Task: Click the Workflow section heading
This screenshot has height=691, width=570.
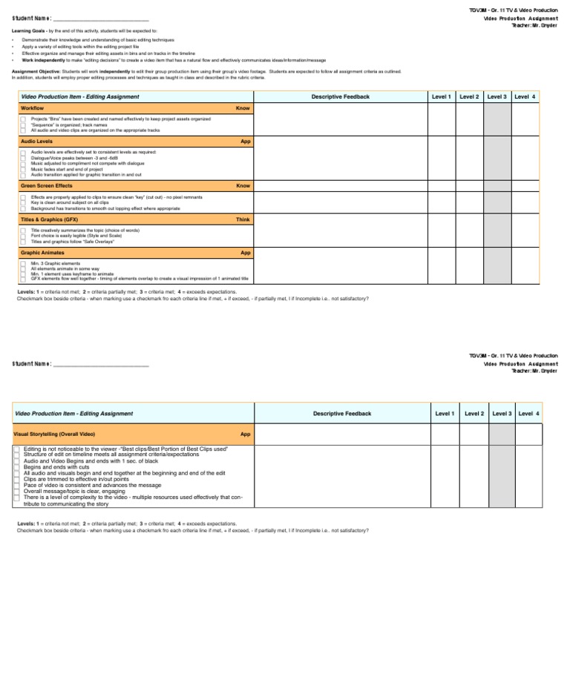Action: [x=32, y=108]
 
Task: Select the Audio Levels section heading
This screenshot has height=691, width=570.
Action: [x=36, y=141]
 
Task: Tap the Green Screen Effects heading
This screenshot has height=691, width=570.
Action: [x=46, y=185]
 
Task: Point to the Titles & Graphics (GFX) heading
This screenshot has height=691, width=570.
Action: [x=49, y=219]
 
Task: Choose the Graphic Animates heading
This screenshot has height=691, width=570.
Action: [x=42, y=253]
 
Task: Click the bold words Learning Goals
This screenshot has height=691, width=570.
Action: [x=27, y=30]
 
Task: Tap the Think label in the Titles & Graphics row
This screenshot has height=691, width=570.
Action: [x=243, y=219]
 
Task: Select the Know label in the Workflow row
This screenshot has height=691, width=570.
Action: [x=243, y=108]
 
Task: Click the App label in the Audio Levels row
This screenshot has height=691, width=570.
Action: [x=245, y=141]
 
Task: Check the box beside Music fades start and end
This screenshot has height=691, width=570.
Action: [x=24, y=169]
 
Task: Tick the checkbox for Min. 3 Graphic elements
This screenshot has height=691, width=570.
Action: [x=24, y=264]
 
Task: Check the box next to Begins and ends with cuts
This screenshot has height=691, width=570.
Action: [x=16, y=467]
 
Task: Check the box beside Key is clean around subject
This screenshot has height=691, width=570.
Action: [x=24, y=203]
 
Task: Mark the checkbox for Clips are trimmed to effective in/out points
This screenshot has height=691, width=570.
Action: [x=16, y=479]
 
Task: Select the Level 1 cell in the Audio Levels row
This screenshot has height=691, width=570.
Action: [x=444, y=158]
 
